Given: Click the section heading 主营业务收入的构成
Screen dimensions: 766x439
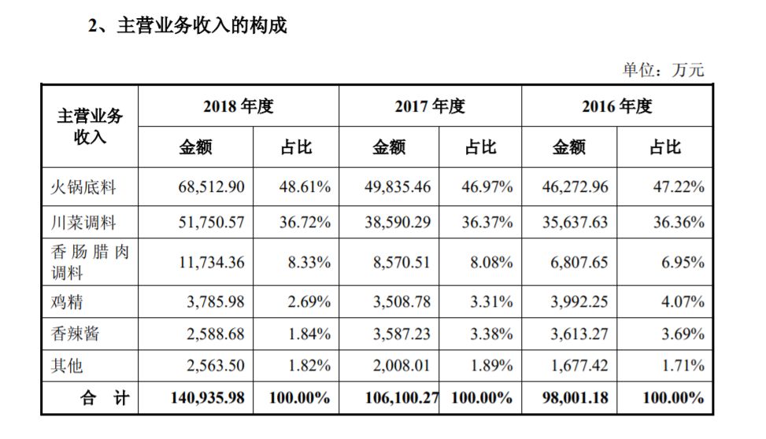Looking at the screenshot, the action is (202, 25).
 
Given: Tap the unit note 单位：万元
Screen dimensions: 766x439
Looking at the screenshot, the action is (663, 70).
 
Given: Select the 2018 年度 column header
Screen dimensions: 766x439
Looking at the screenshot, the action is (239, 106).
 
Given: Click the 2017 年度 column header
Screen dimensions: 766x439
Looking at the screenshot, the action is (430, 106).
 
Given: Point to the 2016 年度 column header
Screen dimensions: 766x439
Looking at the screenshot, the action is (617, 106).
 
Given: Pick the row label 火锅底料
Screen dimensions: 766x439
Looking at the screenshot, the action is (83, 187).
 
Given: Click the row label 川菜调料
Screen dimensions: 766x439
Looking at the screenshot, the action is (83, 223).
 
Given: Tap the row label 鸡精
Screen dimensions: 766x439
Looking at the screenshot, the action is (67, 302).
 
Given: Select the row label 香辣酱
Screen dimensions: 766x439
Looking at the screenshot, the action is (75, 334).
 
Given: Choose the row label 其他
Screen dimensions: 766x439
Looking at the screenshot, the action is (67, 366).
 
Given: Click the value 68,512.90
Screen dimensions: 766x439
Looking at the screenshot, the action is (211, 187).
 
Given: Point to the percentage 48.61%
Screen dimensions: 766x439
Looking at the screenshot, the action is (305, 187).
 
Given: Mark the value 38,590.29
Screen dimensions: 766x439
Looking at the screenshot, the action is (398, 223).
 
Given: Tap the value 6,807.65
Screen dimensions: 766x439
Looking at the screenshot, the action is (579, 263).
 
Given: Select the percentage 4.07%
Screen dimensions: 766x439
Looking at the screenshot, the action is (683, 302).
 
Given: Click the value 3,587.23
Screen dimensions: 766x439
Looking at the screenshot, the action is (402, 334).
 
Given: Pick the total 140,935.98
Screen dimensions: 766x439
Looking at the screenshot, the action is (208, 398).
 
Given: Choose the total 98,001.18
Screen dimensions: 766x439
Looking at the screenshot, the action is (575, 398).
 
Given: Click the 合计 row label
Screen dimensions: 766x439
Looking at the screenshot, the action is (105, 398).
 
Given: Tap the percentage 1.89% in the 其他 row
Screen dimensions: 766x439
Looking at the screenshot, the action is (491, 366).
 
